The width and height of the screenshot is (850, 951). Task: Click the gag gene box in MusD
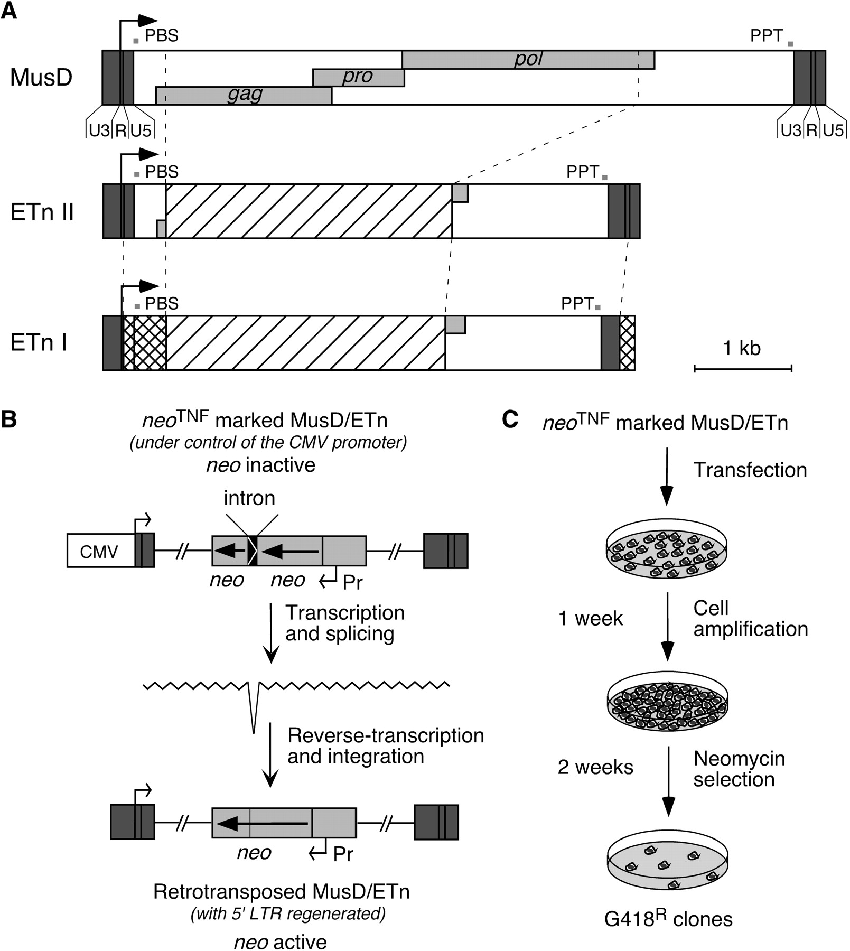[x=244, y=96]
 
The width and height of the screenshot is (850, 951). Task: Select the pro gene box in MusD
[x=358, y=78]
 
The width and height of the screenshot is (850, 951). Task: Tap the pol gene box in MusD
[x=528, y=60]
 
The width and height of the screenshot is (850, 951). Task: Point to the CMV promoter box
[x=100, y=551]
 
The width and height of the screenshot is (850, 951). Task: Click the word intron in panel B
[x=249, y=498]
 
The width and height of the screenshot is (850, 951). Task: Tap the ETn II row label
[x=42, y=212]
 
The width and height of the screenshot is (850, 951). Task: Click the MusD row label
[x=41, y=78]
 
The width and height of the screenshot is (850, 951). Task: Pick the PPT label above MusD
[x=767, y=36]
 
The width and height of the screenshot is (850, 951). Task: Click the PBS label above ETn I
[x=162, y=304]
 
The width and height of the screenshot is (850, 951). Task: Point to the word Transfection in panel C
[x=750, y=470]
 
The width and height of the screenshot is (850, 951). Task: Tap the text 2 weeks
[x=595, y=767]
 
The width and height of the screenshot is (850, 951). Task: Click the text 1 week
[x=591, y=619]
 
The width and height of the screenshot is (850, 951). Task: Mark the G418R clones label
[x=668, y=919]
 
